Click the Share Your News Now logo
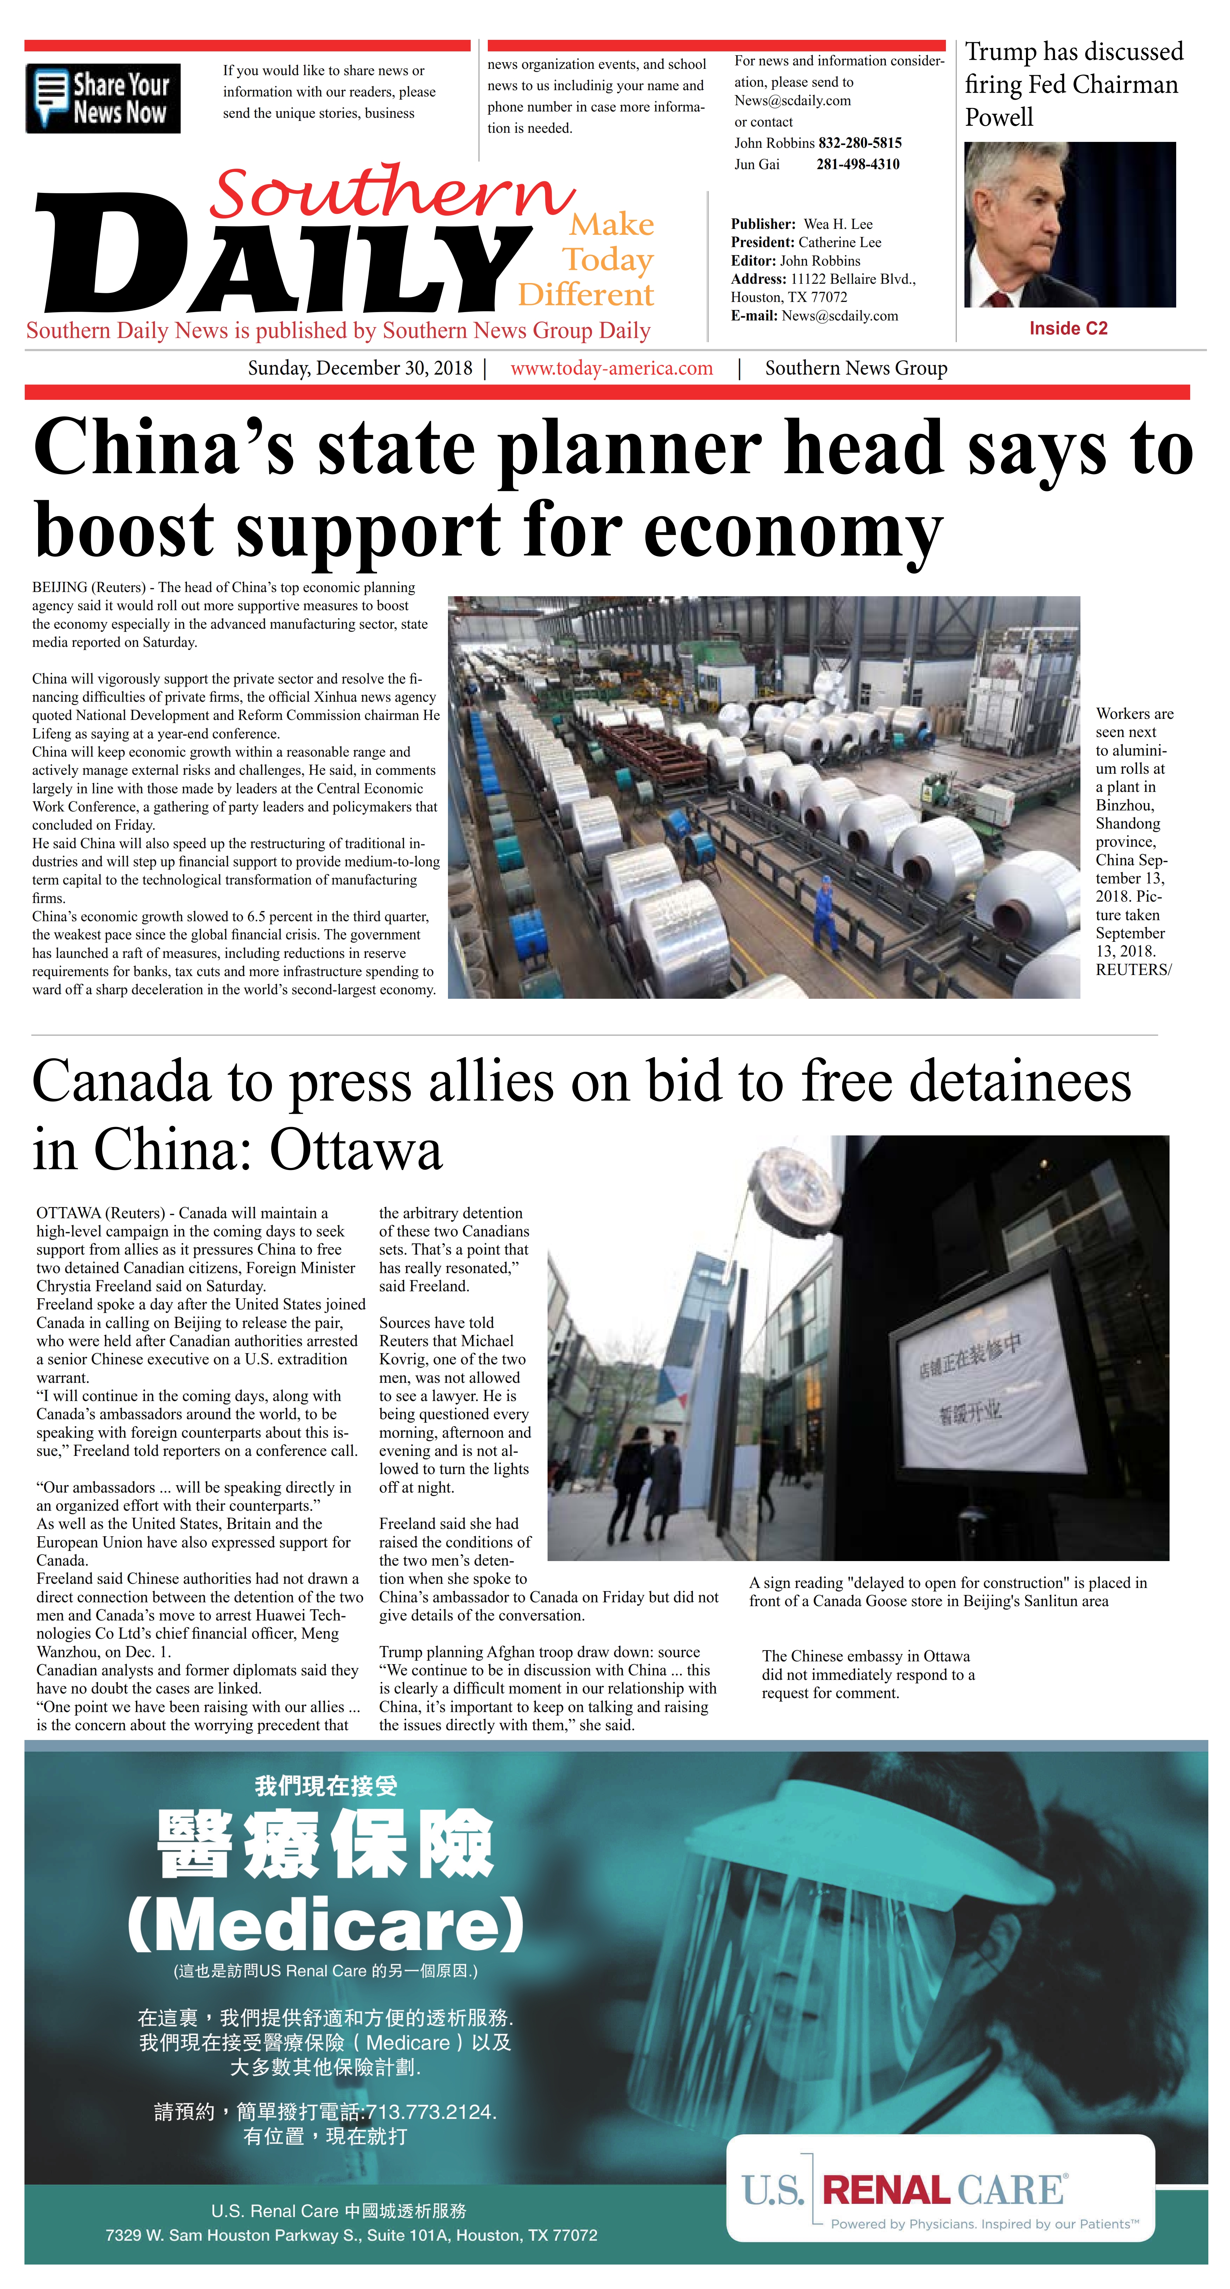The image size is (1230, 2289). click(103, 99)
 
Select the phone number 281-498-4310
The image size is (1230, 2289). click(858, 164)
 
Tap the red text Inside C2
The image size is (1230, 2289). click(1068, 329)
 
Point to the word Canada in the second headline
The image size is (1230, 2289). click(122, 1082)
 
